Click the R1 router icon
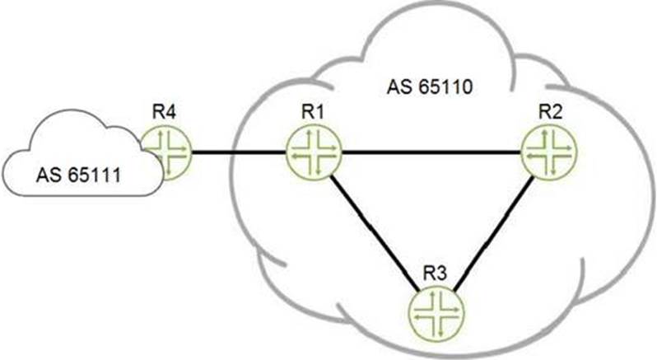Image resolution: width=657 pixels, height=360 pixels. [x=312, y=153]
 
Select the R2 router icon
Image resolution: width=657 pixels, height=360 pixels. [x=549, y=153]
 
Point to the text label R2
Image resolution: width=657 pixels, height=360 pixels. [x=547, y=112]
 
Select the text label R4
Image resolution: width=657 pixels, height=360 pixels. [x=165, y=112]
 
